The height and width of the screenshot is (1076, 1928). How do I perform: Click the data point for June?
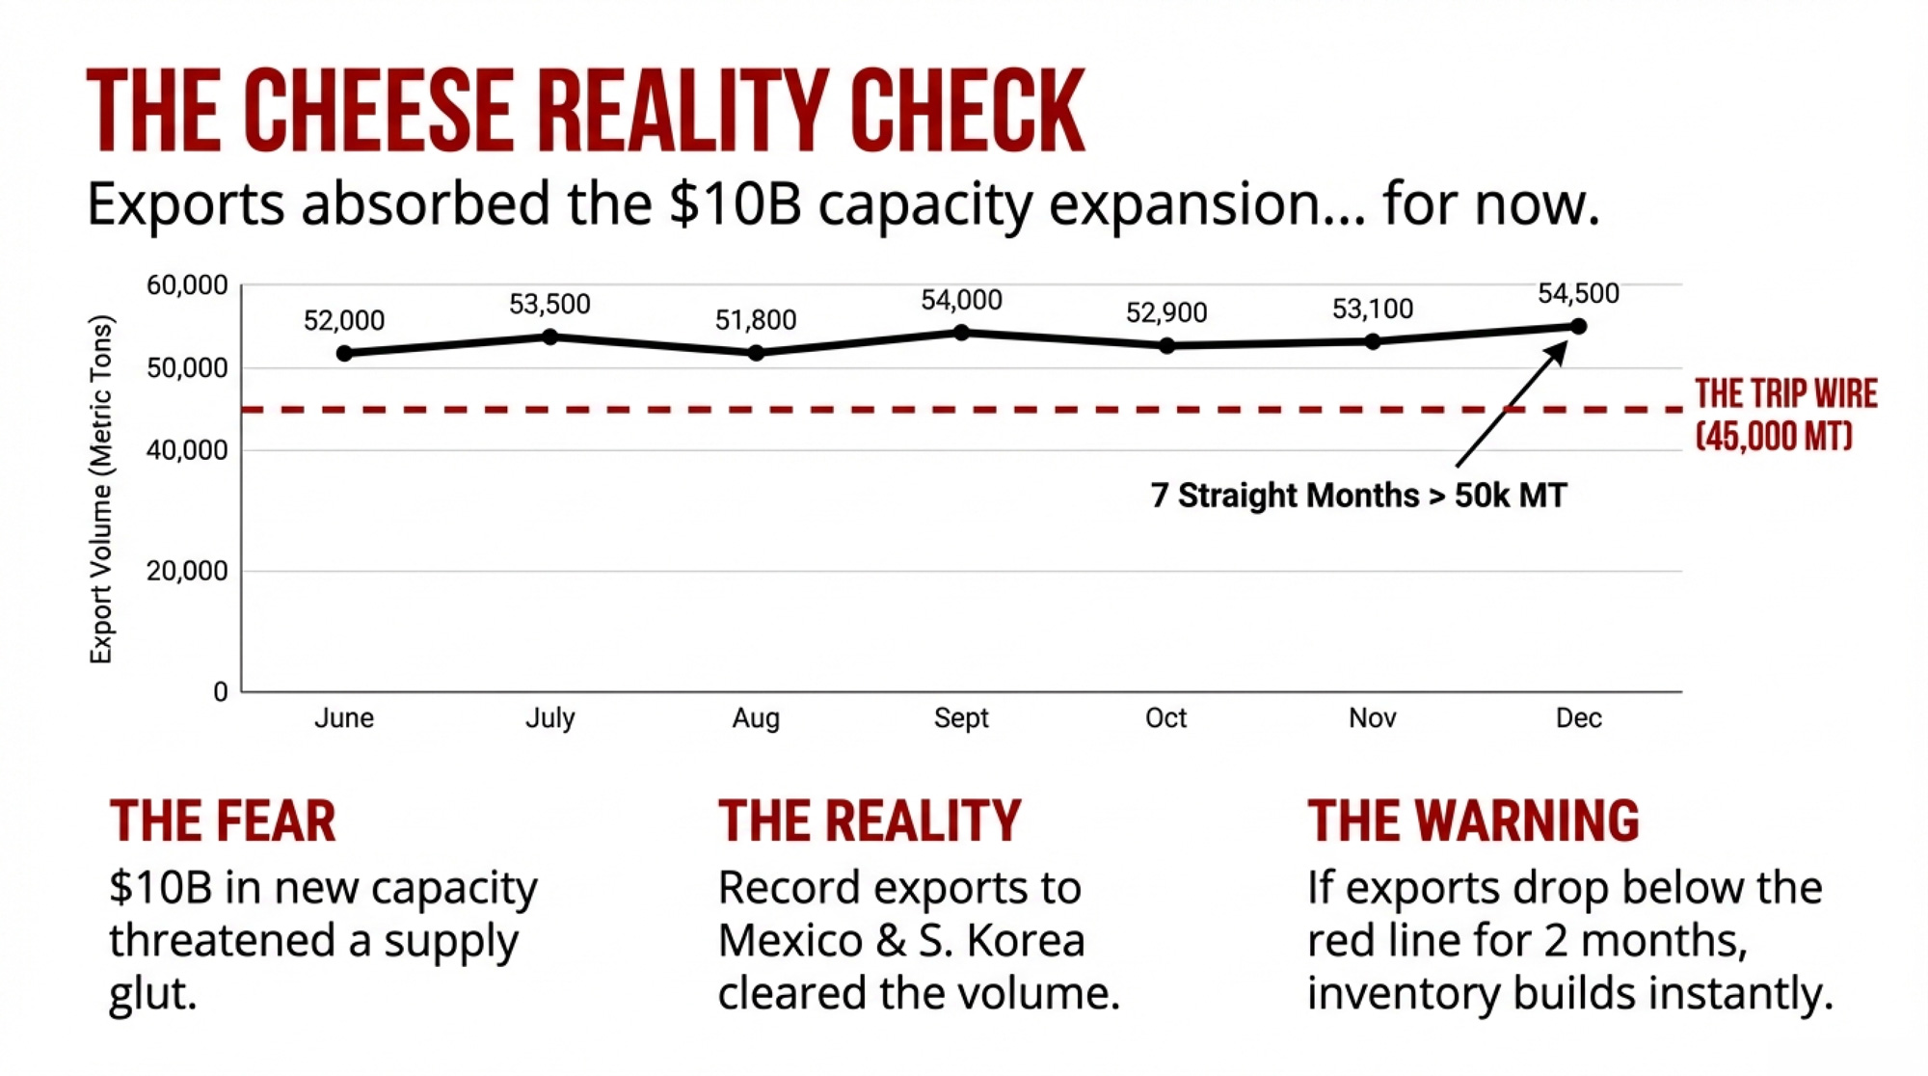coord(344,353)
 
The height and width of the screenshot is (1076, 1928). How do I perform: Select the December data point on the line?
coord(1578,326)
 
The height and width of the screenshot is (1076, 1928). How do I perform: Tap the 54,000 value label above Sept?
coord(961,301)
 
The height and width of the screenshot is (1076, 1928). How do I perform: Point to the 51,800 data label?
coord(755,320)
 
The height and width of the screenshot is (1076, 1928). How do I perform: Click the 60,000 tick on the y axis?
coord(187,285)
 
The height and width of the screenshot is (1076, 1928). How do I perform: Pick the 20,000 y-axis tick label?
coord(187,571)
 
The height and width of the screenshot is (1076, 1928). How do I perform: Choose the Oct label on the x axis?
coord(1165,718)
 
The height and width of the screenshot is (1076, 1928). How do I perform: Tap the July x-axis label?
coord(549,718)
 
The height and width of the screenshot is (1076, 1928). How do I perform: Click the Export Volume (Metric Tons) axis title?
coord(101,489)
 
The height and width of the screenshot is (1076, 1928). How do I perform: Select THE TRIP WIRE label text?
coord(1785,394)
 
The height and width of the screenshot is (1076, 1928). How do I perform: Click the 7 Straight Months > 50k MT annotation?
coord(1358,496)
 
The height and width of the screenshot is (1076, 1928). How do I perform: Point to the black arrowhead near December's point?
coord(1555,352)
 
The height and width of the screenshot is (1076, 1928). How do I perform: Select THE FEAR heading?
coord(223,821)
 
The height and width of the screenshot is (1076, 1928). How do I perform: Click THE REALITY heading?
coord(869,821)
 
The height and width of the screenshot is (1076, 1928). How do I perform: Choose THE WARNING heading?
coord(1472,821)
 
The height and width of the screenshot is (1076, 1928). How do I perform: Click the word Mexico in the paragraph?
coord(790,941)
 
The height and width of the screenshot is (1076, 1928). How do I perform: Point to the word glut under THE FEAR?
coord(152,994)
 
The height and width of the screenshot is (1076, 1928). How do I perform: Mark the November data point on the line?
coord(1373,341)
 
